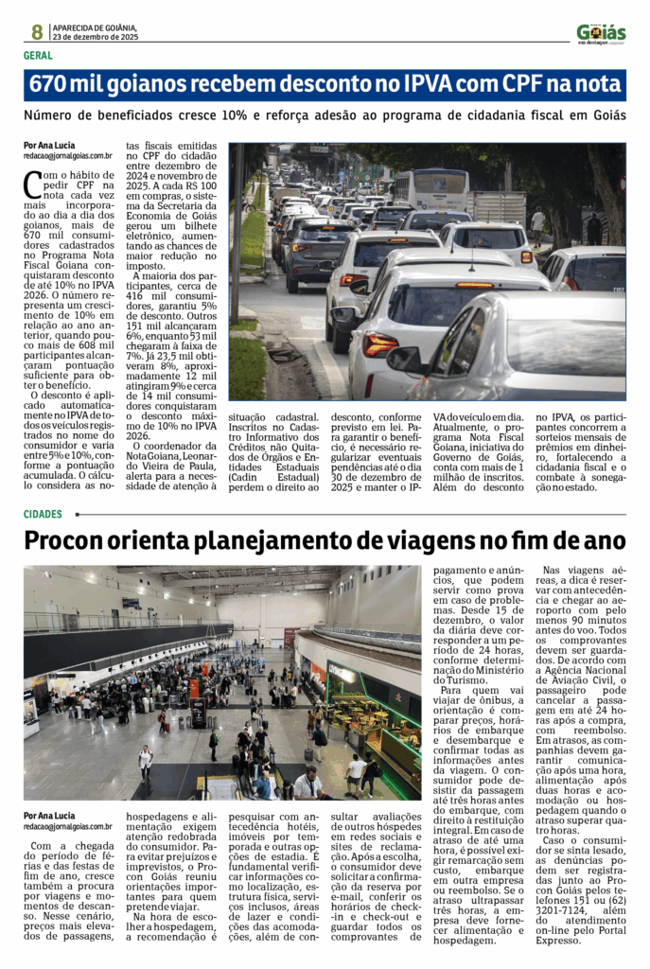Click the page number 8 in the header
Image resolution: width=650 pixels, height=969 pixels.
(36, 32)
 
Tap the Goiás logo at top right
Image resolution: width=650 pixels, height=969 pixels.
(601, 33)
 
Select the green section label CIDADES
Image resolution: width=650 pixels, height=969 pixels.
(44, 515)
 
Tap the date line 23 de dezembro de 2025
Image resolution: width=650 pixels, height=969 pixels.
(97, 38)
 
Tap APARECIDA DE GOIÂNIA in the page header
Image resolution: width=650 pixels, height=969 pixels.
(95, 28)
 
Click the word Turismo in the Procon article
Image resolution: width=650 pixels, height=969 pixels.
(460, 679)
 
